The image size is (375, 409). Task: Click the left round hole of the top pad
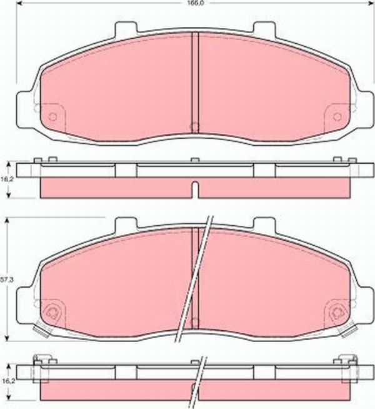[52, 116]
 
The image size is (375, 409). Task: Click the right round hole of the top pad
[337, 116]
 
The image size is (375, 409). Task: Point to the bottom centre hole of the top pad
[194, 127]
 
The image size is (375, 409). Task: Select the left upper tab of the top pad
[126, 28]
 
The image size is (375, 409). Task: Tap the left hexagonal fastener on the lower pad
[52, 313]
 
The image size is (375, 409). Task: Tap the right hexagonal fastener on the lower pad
[338, 313]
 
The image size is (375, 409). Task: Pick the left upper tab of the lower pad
[126, 223]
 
